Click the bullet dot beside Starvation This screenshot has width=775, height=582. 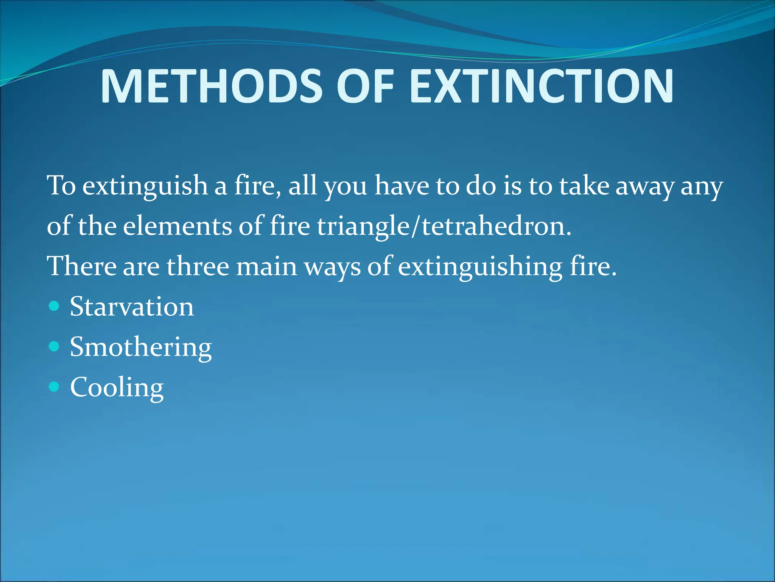[54, 306]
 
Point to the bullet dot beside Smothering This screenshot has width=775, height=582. [54, 346]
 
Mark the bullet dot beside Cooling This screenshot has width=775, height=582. [54, 386]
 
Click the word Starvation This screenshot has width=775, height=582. [132, 307]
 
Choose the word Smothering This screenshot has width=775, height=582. [140, 347]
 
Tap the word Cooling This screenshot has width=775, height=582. [117, 388]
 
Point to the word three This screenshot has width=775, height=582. [198, 266]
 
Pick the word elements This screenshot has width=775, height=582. [177, 227]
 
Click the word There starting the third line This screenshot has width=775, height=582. [81, 266]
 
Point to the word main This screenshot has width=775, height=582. [266, 266]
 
